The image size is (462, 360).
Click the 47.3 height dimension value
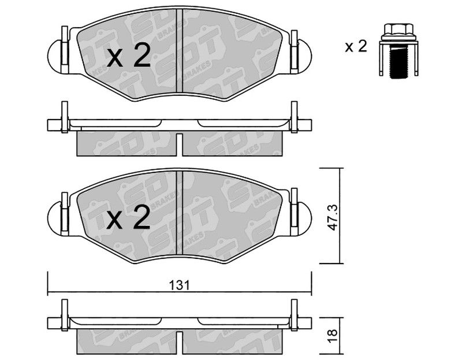[334, 217]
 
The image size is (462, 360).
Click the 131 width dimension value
[180, 285]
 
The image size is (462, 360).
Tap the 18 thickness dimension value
[333, 336]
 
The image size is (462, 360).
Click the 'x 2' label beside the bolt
[356, 46]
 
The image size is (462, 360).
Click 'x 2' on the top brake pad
[129, 55]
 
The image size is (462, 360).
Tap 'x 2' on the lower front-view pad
[129, 217]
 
